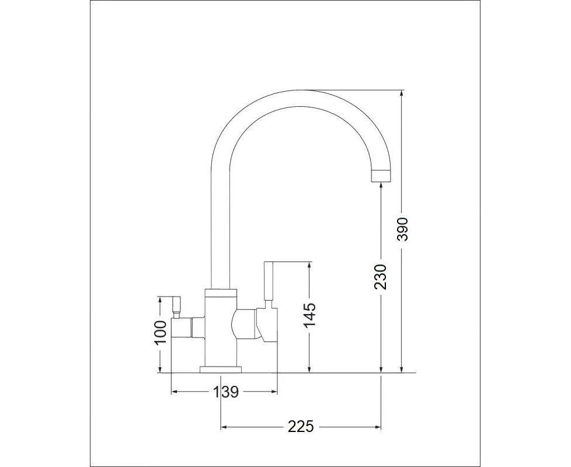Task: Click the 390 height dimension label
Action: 402,229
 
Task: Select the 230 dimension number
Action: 381,277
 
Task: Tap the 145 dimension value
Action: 309,315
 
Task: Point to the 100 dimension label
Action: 160,332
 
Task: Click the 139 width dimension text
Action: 225,392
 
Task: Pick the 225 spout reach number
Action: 301,426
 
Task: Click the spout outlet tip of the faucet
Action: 381,176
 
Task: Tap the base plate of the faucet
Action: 221,370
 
